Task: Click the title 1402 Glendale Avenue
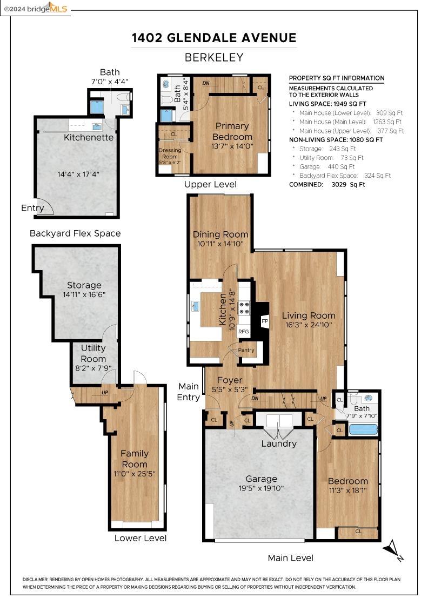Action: pos(214,38)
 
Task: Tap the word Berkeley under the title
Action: pos(214,57)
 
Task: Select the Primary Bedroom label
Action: pos(232,131)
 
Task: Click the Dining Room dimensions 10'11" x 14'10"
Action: pos(220,244)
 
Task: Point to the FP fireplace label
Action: pos(265,321)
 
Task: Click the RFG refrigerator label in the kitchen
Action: pos(244,332)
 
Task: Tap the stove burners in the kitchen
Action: pos(244,307)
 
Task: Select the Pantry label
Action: pos(246,350)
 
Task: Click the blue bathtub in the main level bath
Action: pos(363,429)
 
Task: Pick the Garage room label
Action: pos(261,479)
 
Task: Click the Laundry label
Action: pos(279,443)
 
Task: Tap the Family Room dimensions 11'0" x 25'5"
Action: pos(135,474)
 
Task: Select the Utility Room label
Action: pos(93,353)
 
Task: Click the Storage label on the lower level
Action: pos(84,285)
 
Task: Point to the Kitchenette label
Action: pos(89,137)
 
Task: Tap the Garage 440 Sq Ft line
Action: pos(327,167)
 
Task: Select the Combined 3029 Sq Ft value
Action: pos(348,184)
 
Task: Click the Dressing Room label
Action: pos(170,153)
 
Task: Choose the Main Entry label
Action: pos(189,392)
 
